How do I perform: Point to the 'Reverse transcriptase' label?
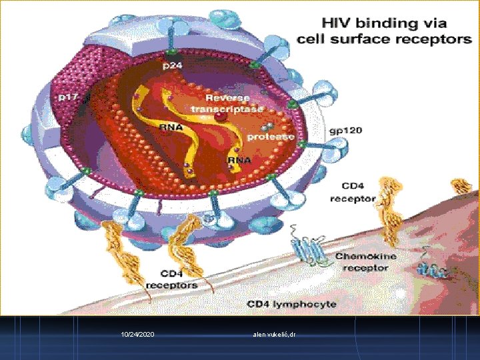(227, 103)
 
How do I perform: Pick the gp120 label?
(346, 130)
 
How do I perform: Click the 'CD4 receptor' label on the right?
(353, 191)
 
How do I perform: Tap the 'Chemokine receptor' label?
(365, 261)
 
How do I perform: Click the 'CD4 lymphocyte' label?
(291, 304)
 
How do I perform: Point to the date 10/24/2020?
(138, 333)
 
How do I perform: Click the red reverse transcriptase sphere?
(220, 117)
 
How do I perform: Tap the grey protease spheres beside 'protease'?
(267, 127)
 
